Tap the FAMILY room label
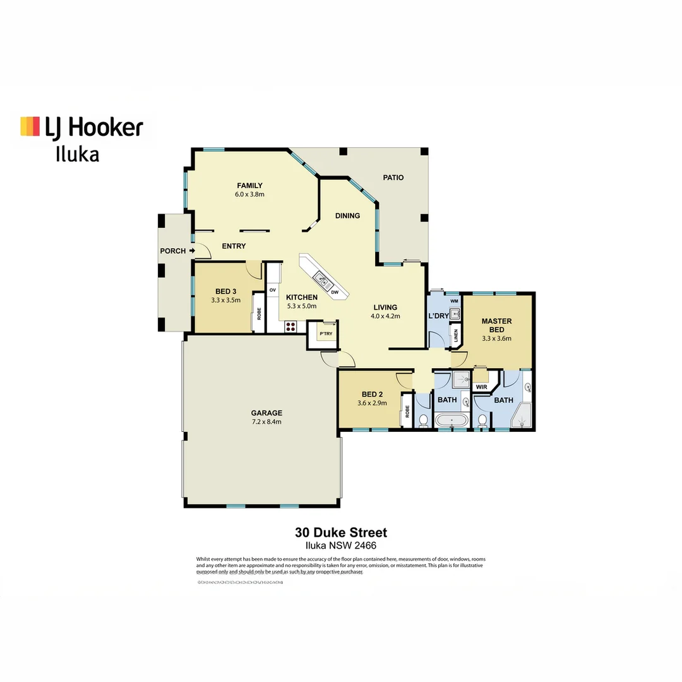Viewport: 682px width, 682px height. click(x=249, y=185)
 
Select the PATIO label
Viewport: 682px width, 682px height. click(x=393, y=177)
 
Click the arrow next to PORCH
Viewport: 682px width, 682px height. click(x=192, y=251)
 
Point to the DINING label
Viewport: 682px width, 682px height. click(x=347, y=216)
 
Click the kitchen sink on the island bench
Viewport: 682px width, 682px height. click(x=320, y=277)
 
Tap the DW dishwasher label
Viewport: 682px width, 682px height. click(x=335, y=292)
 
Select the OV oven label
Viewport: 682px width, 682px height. click(x=273, y=290)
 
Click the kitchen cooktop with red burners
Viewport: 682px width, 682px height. click(x=290, y=326)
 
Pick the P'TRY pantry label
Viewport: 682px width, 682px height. click(x=326, y=333)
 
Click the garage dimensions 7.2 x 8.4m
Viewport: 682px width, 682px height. click(x=265, y=422)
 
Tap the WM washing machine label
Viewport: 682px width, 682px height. click(x=454, y=301)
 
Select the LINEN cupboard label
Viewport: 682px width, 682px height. click(x=455, y=335)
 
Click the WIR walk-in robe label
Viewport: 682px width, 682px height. click(x=481, y=386)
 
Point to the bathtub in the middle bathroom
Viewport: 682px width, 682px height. click(x=452, y=421)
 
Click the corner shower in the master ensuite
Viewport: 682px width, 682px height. click(x=522, y=417)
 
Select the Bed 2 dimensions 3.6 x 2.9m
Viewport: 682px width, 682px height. click(x=371, y=402)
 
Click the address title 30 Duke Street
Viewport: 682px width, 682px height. click(x=341, y=533)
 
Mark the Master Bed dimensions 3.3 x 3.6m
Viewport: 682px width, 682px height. click(x=496, y=338)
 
